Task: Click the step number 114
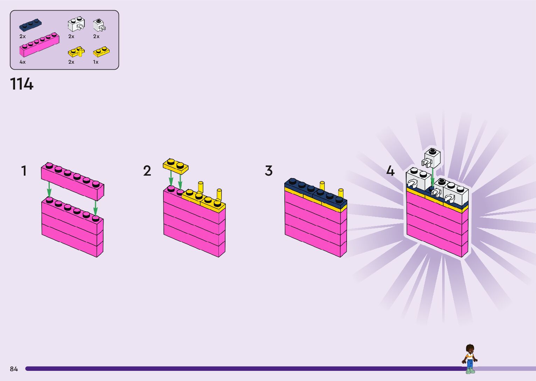pos(22,84)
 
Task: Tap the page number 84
pos(14,369)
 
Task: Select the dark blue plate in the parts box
pos(30,26)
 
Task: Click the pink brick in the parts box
pos(39,45)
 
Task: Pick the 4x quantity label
pos(22,62)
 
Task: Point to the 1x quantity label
pos(96,62)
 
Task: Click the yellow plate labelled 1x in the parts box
pos(101,52)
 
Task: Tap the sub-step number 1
pos(24,171)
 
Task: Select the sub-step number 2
pos(147,171)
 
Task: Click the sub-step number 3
pos(269,171)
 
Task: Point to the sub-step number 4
pos(390,171)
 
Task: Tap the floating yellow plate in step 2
pos(175,166)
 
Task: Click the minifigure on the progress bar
pos(469,359)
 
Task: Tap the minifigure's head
pos(469,348)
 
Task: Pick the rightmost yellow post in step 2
pos(219,194)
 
